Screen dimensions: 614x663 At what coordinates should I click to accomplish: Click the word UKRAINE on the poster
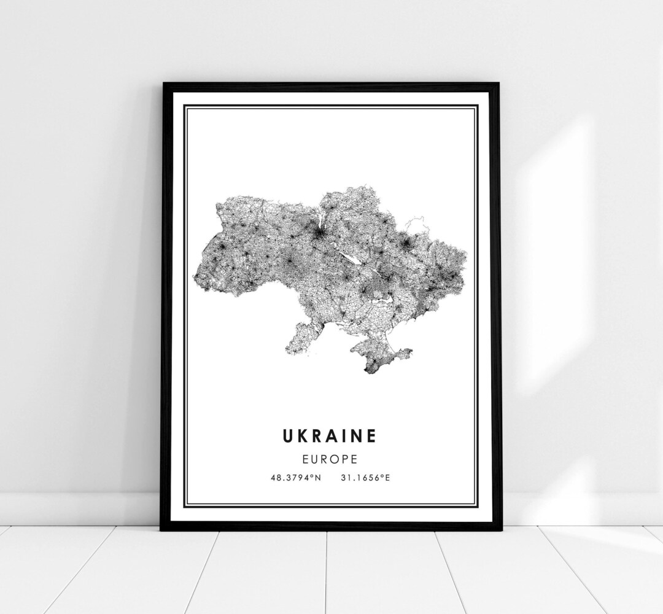tap(330, 436)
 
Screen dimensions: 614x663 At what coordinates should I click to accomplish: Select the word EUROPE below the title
tap(330, 458)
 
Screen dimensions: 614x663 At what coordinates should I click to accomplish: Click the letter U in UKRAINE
tap(289, 436)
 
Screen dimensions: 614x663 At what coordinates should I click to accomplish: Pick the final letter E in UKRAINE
tap(370, 436)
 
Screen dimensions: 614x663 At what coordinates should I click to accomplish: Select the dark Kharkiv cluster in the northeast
tap(406, 245)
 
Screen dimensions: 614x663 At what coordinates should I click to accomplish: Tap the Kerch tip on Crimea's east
tap(409, 351)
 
